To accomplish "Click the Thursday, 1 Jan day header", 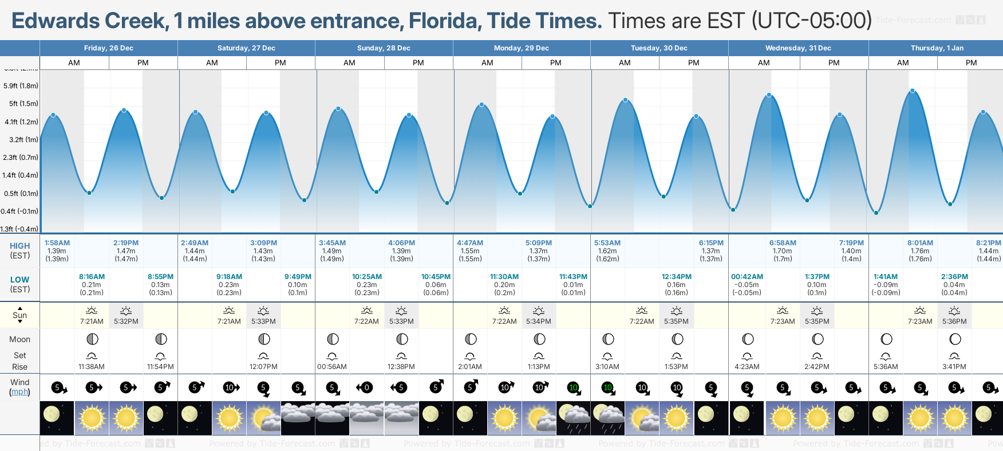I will (935, 48).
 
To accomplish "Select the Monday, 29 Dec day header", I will (522, 48).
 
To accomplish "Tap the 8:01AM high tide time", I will (920, 243).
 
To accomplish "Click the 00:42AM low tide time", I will (747, 277).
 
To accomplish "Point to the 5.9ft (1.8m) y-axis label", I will (21, 86).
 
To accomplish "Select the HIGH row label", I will (19, 246).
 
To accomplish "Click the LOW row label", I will (19, 280).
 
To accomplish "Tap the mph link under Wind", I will (19, 392).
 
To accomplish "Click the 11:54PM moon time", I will (160, 367).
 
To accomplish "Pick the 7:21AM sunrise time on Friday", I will (92, 321).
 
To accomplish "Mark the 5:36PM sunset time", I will (954, 321).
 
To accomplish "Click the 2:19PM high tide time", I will (126, 243).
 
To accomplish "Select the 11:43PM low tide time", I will (573, 277).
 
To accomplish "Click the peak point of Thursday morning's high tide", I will (913, 91).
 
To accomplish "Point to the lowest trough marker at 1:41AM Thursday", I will (876, 213).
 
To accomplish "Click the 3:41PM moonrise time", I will (954, 367).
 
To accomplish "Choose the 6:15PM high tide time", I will (711, 243).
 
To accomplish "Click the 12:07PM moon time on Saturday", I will (263, 367).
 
